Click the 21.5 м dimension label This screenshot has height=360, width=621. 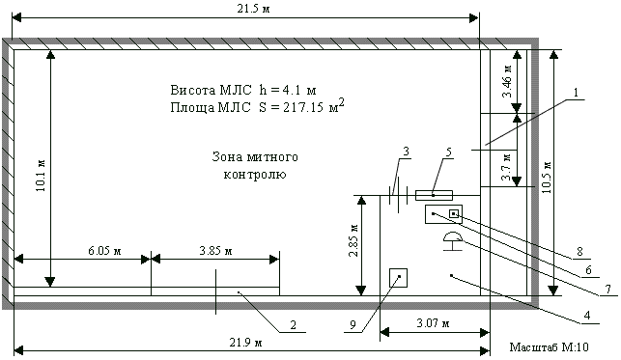[x=253, y=9]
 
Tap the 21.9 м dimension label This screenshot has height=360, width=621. [x=246, y=343]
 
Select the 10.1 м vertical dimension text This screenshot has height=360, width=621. [x=41, y=176]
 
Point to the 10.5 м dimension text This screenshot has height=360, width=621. [x=547, y=178]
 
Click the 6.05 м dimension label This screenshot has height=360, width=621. [x=104, y=251]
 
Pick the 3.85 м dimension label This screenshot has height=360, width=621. [x=215, y=251]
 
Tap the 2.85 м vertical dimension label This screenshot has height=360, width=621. [x=353, y=241]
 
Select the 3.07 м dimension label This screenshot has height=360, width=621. [x=434, y=323]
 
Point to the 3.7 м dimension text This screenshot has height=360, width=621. [x=507, y=167]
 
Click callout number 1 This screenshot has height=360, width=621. [x=576, y=93]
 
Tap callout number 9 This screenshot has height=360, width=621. [x=353, y=325]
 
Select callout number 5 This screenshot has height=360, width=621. [x=449, y=152]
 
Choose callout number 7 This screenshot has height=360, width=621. [x=608, y=290]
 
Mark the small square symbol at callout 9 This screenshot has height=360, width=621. [x=399, y=277]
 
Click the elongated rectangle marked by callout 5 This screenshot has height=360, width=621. [x=434, y=195]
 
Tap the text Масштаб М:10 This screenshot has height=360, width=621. [x=549, y=347]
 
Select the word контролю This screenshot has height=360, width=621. [x=255, y=175]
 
